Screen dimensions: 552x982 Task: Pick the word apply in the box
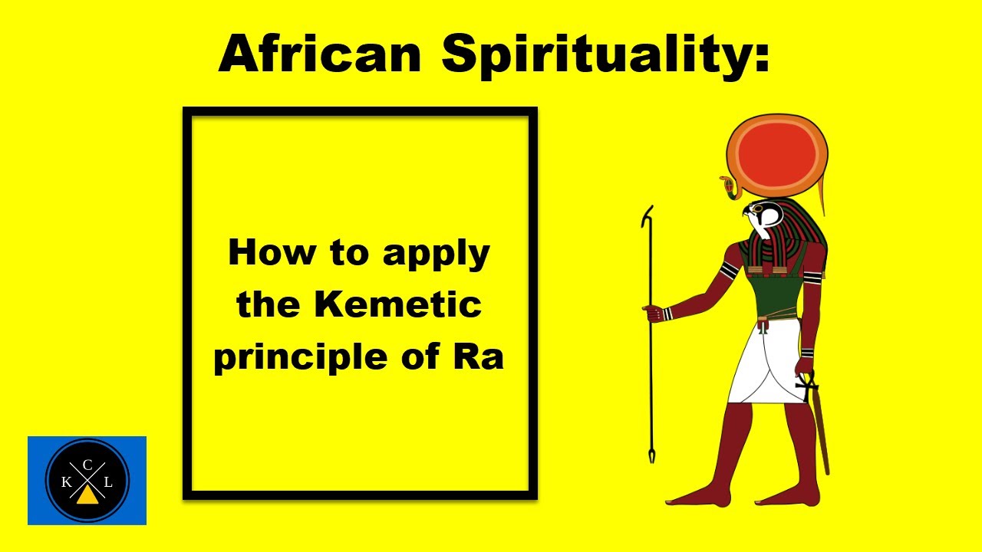(x=436, y=254)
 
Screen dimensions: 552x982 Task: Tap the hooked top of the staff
(x=648, y=215)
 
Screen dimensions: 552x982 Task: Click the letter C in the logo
(x=87, y=464)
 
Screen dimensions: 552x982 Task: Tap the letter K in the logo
(x=66, y=482)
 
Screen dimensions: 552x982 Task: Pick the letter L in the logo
(x=108, y=482)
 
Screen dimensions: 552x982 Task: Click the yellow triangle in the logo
(x=87, y=495)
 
